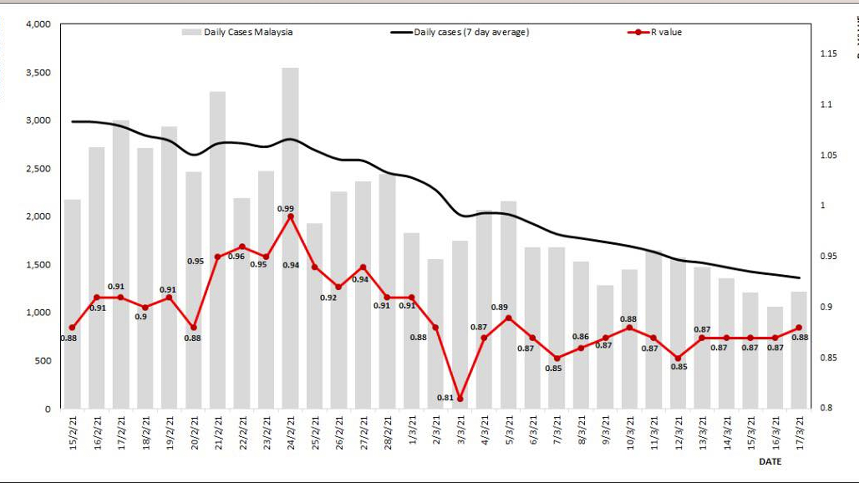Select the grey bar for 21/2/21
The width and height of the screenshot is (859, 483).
pyautogui.click(x=218, y=179)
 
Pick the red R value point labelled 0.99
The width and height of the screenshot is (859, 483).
pyautogui.click(x=290, y=216)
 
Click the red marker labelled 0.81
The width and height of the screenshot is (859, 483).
pyautogui.click(x=460, y=398)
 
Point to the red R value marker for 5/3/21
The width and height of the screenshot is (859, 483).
pyautogui.click(x=508, y=318)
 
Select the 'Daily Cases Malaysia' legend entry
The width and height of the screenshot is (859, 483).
pyautogui.click(x=238, y=32)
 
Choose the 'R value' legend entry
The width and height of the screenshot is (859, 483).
pyautogui.click(x=655, y=32)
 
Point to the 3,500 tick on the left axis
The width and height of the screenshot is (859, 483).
pyautogui.click(x=38, y=72)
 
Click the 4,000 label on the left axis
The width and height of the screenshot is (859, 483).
pyautogui.click(x=38, y=24)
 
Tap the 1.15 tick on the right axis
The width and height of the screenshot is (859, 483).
pyautogui.click(x=828, y=54)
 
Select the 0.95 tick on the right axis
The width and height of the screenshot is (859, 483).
pyautogui.click(x=828, y=256)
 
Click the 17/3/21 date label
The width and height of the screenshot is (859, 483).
pyautogui.click(x=800, y=433)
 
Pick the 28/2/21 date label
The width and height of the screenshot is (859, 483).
pyautogui.click(x=388, y=433)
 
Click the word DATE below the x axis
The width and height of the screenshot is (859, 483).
pyautogui.click(x=770, y=462)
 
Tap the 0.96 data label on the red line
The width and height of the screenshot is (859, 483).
pyautogui.click(x=236, y=256)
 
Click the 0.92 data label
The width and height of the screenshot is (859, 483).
pyautogui.click(x=328, y=297)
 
